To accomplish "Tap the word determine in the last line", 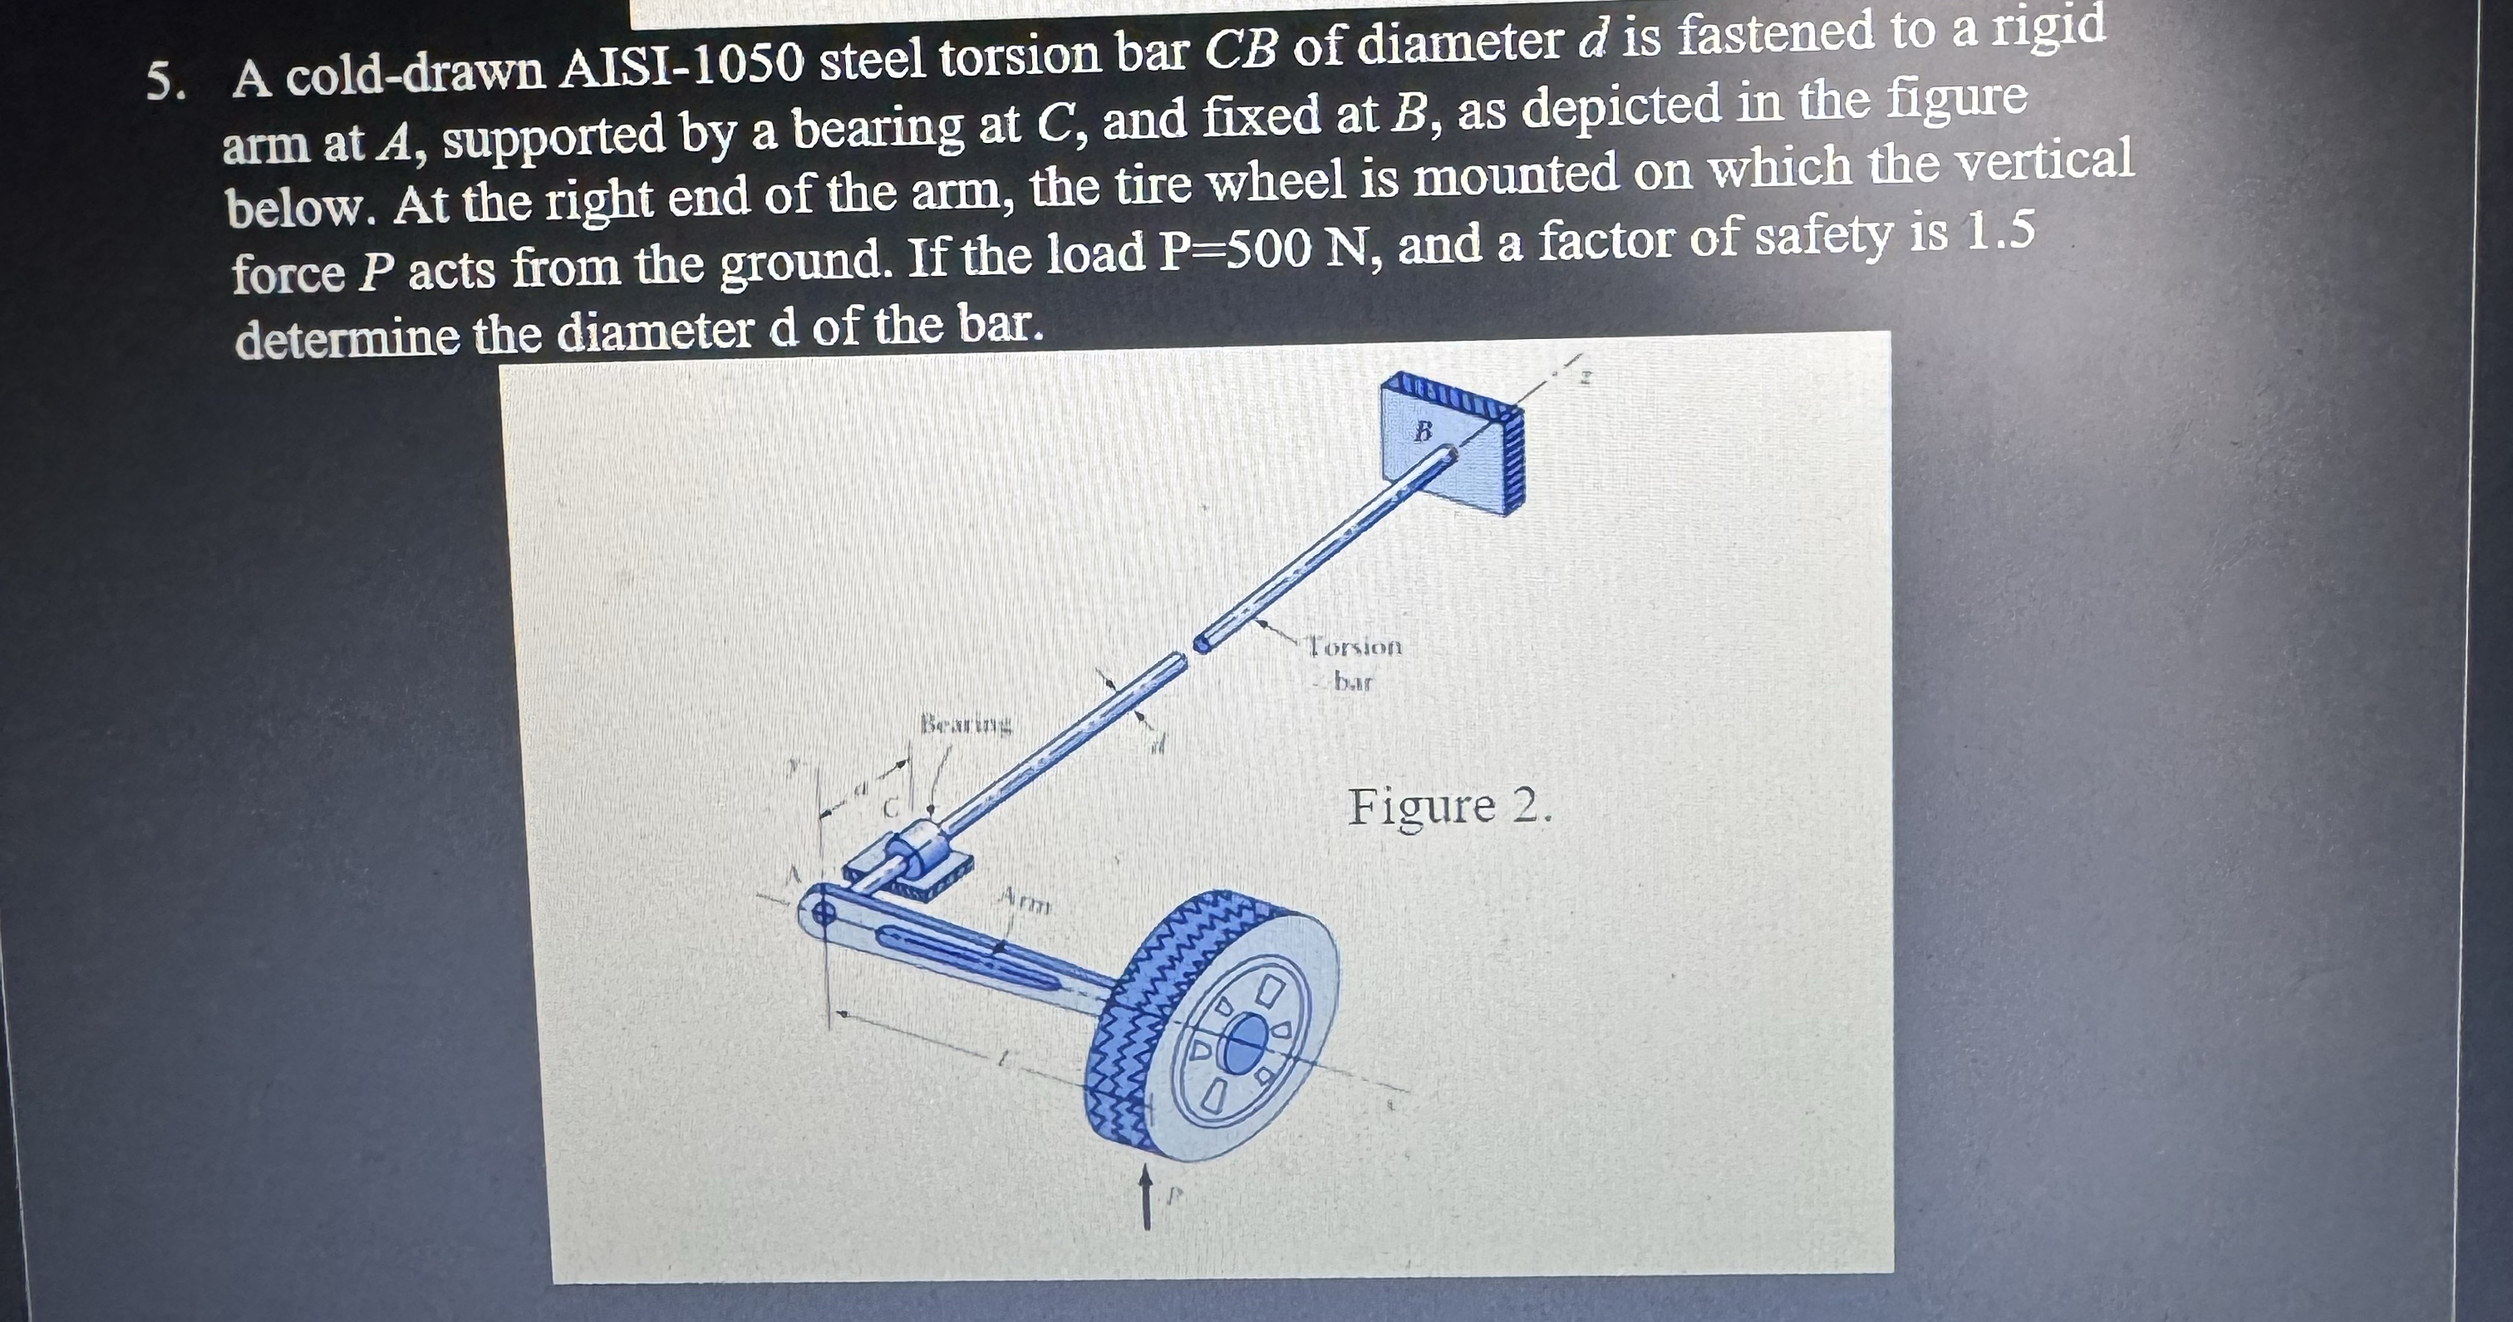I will coord(347,337).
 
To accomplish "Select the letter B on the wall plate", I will coord(1424,430).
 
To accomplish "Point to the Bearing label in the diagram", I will coord(966,725).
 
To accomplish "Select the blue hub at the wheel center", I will coord(1241,1046).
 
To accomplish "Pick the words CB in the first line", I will coord(1241,51).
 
